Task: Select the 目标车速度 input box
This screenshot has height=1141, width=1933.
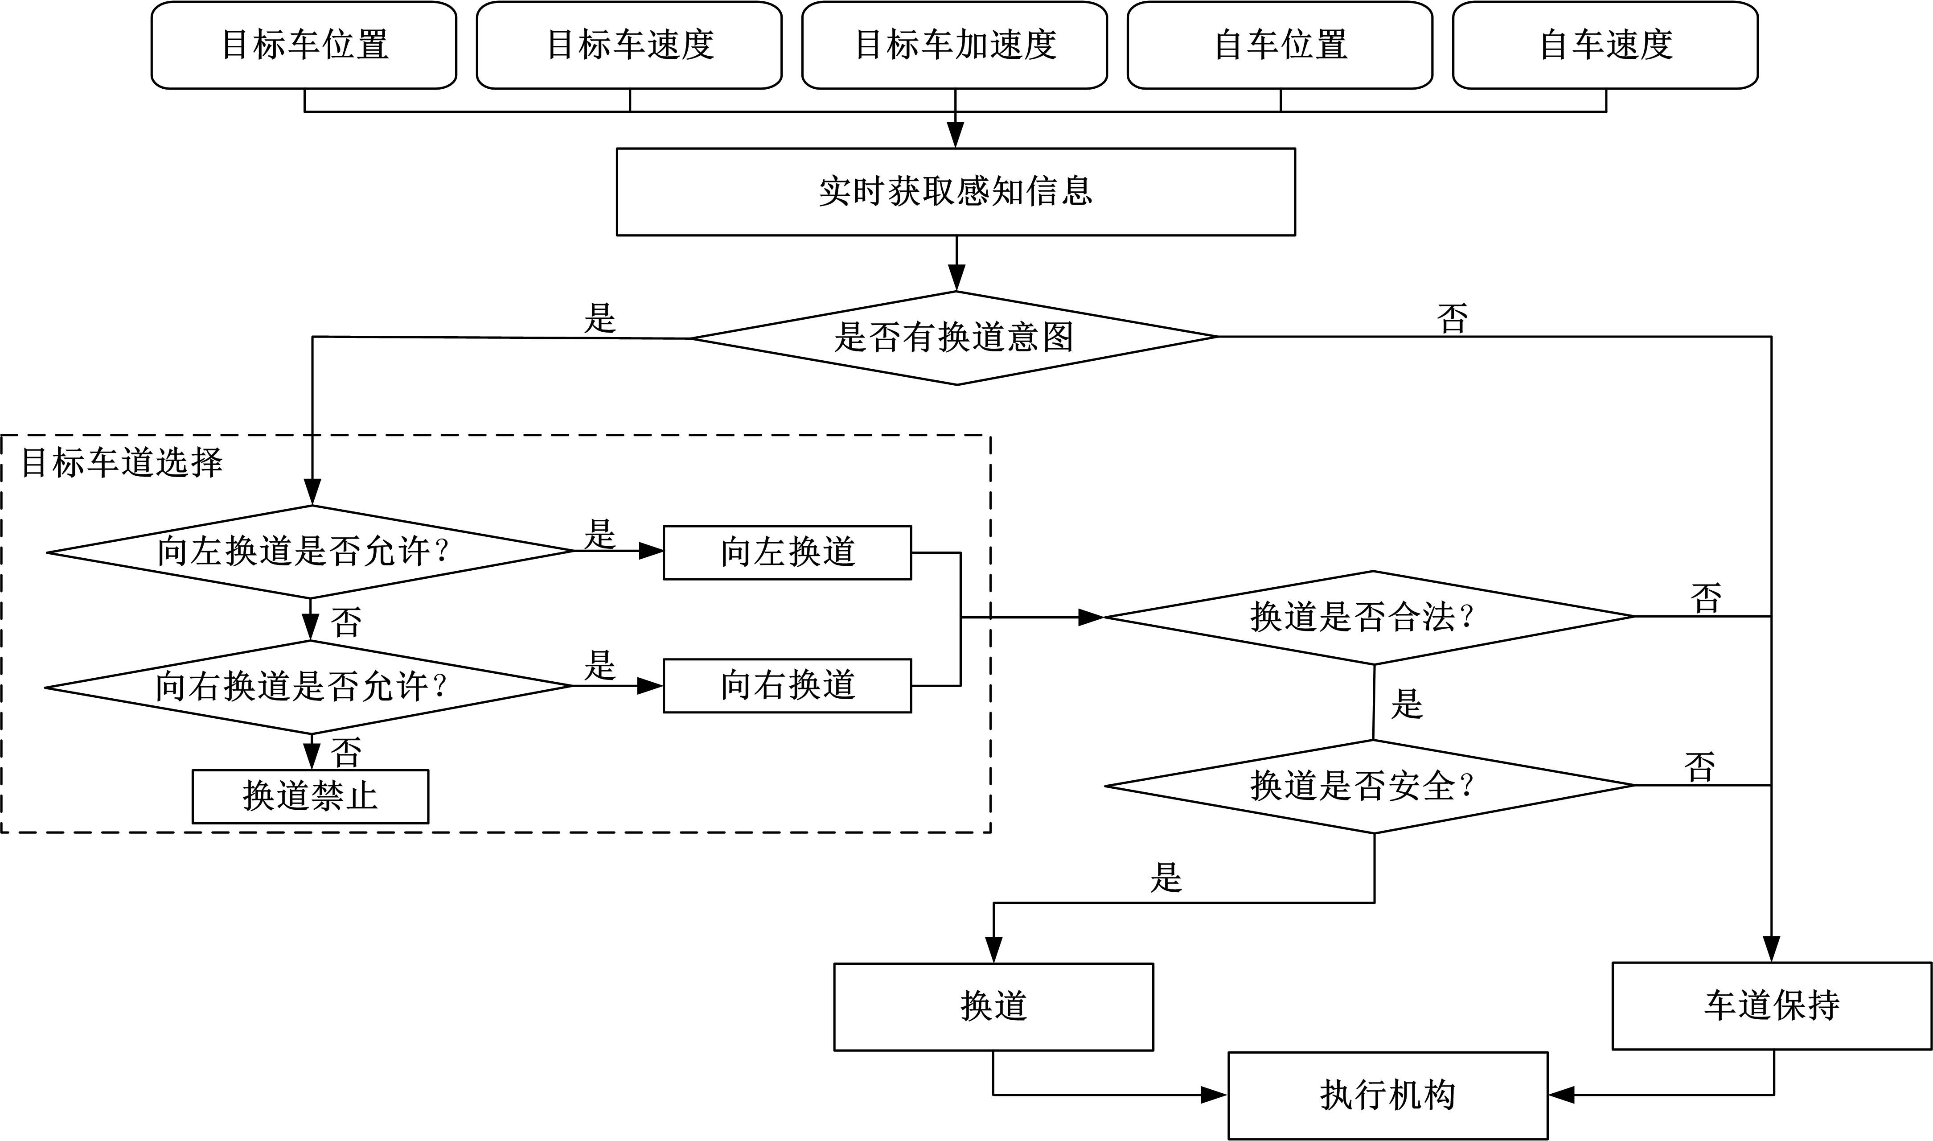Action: [x=629, y=45]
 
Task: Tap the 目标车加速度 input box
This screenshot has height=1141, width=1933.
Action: [x=955, y=45]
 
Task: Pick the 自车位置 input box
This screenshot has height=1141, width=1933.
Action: [x=1280, y=45]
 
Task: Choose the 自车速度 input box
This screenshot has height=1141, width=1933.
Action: [x=1605, y=45]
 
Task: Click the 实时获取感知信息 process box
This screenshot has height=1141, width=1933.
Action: [x=955, y=191]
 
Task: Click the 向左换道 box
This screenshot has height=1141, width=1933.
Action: [x=787, y=552]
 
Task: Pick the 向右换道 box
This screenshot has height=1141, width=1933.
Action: [x=787, y=685]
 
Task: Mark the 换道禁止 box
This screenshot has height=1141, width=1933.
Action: [x=310, y=796]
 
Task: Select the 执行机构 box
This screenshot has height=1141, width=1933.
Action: [x=1387, y=1095]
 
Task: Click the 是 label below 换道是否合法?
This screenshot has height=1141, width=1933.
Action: [x=1407, y=704]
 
